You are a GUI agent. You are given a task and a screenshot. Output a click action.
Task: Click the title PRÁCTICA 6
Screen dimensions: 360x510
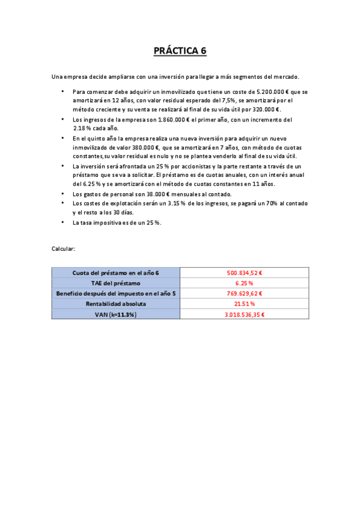point(180,51)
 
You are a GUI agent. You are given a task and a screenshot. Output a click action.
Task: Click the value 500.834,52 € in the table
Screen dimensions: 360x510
point(244,272)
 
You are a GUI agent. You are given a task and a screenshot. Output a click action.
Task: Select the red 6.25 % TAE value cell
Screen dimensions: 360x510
point(244,283)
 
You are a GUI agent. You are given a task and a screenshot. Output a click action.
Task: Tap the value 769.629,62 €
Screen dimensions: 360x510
point(244,293)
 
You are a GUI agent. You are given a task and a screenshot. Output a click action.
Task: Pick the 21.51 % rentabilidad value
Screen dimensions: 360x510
point(244,304)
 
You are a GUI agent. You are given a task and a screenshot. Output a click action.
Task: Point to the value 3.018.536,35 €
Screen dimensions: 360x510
point(244,314)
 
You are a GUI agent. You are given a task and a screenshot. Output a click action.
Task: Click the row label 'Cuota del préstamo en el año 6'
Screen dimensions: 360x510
point(115,272)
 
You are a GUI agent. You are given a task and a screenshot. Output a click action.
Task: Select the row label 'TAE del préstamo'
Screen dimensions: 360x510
point(115,283)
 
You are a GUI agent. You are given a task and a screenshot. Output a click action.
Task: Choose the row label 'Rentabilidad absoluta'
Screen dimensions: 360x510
point(115,304)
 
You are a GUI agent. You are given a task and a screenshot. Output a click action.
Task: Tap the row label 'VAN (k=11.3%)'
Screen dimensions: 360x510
point(115,314)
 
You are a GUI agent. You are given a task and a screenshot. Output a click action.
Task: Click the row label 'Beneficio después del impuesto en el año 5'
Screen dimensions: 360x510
point(115,293)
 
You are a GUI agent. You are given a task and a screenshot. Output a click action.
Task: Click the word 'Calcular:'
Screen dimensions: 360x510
point(63,248)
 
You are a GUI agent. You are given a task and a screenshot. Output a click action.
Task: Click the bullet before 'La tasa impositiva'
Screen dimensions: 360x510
point(62,223)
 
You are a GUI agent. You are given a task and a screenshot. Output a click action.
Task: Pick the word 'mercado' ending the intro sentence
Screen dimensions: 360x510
point(285,76)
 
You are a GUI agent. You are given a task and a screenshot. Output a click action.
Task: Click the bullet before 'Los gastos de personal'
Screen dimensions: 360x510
point(62,194)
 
